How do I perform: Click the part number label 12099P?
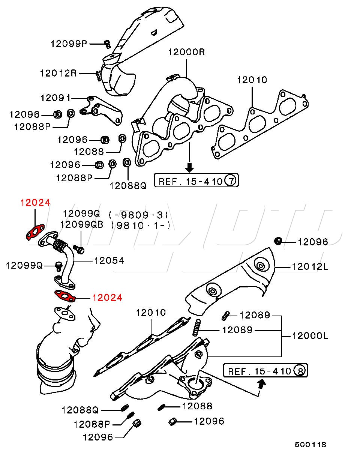pos(69,44)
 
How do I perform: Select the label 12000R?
pos(186,52)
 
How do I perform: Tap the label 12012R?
pos(58,73)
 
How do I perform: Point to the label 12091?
pos(55,98)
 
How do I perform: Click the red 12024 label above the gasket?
pos(35,203)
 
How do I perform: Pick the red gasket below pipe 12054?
pos(65,296)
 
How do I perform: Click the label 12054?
pos(109,261)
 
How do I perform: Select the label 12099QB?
pos(82,224)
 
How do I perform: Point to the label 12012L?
pos(310,267)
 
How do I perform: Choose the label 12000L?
pos(310,336)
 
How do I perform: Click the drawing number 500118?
pos(310,445)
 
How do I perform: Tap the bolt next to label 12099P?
pos(108,44)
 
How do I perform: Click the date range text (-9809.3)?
pos(138,215)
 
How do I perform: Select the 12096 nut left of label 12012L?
pos(278,241)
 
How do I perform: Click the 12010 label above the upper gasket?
pos(252,80)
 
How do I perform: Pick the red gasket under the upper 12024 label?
pos(35,232)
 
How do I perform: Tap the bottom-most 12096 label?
pos(98,437)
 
